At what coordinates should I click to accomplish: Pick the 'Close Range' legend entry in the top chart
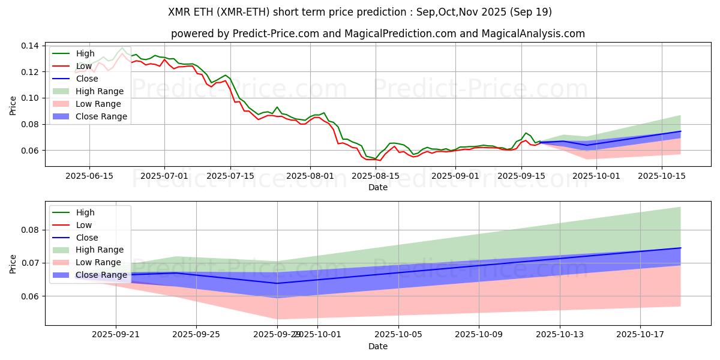tap(101, 116)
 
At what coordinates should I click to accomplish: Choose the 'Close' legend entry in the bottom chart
tap(86, 238)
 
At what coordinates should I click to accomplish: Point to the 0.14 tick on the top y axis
tap(31, 46)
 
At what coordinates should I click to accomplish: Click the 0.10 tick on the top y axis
tap(31, 98)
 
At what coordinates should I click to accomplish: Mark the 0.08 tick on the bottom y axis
tap(31, 230)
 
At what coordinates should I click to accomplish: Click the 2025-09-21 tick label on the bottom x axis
tap(116, 334)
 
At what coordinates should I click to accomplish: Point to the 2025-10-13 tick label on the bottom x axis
tap(560, 334)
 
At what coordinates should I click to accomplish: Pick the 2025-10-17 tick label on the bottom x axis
tap(641, 334)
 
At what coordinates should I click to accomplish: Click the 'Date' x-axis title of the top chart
tap(377, 187)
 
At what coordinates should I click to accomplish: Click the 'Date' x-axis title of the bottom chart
tap(377, 346)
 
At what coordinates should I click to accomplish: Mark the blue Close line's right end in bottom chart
tap(680, 248)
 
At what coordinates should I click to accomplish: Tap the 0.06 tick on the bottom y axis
tap(31, 296)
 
